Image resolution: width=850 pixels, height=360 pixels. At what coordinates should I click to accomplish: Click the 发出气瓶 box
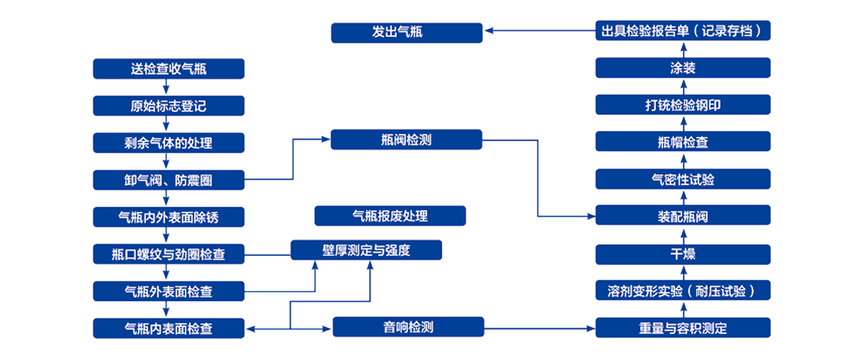click(407, 33)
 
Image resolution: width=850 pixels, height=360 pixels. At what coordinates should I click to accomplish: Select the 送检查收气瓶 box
click(169, 69)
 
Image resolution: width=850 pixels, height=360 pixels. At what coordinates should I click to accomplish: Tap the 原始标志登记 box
click(169, 106)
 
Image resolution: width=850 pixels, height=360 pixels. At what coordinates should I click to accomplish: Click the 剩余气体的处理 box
click(169, 143)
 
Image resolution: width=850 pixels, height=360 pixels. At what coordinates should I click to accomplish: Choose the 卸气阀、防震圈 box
click(169, 180)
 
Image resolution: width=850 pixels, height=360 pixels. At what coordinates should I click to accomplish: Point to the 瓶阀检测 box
click(407, 140)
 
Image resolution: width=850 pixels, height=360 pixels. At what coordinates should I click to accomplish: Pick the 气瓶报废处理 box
click(390, 216)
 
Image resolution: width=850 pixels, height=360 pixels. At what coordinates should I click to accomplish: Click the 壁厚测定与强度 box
click(366, 250)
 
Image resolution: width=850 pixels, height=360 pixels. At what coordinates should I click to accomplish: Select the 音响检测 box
click(408, 327)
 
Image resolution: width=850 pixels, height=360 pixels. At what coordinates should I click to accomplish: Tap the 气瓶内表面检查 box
click(169, 328)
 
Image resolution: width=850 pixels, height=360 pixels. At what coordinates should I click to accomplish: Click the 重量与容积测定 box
click(683, 328)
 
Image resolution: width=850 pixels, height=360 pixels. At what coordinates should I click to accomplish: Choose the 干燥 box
click(683, 254)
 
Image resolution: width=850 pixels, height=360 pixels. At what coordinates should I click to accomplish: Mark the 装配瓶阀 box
click(683, 216)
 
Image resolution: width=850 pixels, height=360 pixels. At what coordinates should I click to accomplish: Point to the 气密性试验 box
click(683, 179)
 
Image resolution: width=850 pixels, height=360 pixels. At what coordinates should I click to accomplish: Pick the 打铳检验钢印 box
click(683, 106)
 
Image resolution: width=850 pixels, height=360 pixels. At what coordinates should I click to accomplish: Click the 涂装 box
click(683, 69)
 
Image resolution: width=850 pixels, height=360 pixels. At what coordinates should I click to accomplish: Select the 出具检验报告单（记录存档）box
click(683, 31)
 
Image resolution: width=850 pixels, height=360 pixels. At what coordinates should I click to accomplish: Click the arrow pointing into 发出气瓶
click(538, 31)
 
